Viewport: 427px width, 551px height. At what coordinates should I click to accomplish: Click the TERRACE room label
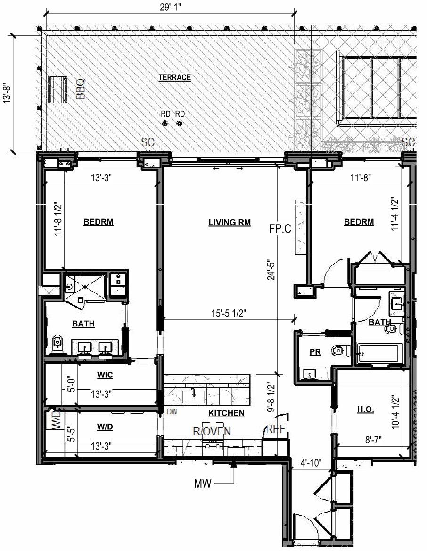click(x=174, y=77)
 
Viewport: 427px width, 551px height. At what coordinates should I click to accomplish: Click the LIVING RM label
click(x=229, y=222)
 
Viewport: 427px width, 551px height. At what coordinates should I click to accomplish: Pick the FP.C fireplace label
click(x=279, y=229)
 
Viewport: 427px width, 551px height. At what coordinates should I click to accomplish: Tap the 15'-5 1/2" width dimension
click(x=230, y=312)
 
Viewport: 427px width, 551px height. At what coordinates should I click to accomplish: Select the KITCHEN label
click(x=226, y=413)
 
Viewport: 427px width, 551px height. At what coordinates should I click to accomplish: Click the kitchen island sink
click(x=194, y=396)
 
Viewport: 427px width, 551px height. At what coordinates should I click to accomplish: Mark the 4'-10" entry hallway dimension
click(x=311, y=463)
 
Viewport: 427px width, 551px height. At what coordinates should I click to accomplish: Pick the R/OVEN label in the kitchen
click(x=212, y=431)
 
